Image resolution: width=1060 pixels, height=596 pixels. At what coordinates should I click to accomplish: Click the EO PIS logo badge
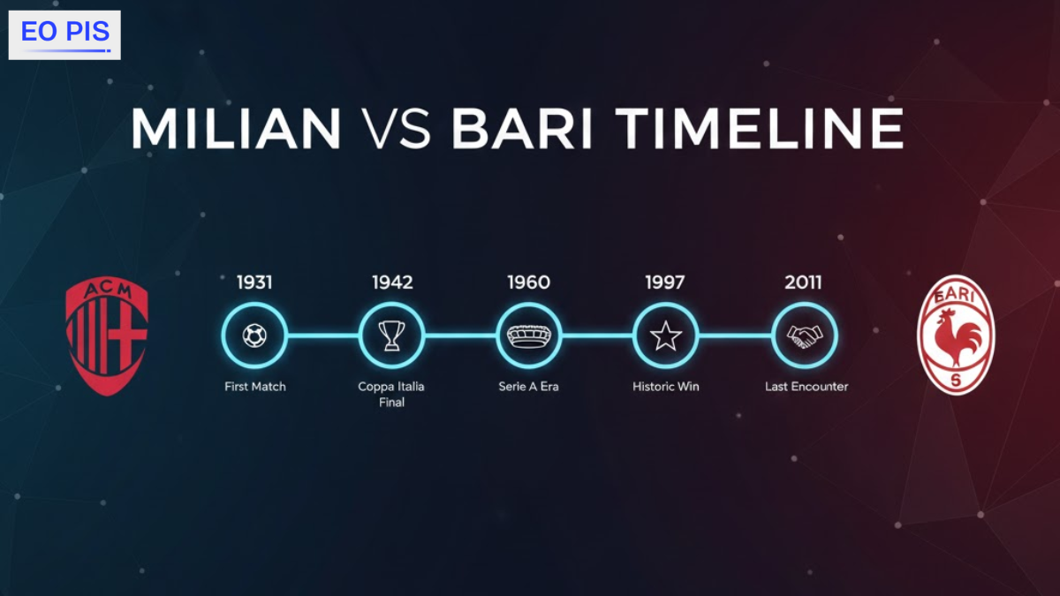pyautogui.click(x=64, y=34)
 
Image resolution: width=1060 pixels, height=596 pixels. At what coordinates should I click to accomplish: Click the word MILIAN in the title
pyautogui.click(x=236, y=129)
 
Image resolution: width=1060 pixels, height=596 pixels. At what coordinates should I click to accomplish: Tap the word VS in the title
pyautogui.click(x=397, y=129)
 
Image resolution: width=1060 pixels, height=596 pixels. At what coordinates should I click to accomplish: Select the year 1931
pyautogui.click(x=254, y=283)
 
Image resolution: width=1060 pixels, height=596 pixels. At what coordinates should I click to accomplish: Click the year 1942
pyautogui.click(x=392, y=283)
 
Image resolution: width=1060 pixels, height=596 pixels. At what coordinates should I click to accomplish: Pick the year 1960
pyautogui.click(x=528, y=283)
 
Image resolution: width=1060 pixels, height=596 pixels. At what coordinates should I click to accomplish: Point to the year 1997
pyautogui.click(x=666, y=283)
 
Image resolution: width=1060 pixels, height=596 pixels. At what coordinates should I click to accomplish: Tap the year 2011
pyautogui.click(x=803, y=283)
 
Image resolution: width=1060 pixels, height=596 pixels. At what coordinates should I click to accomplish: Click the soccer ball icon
pyautogui.click(x=254, y=336)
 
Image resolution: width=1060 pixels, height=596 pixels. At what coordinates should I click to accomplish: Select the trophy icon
pyautogui.click(x=392, y=336)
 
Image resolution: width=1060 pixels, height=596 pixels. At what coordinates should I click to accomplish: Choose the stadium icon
pyautogui.click(x=528, y=336)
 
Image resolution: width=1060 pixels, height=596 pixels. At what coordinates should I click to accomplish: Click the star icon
pyautogui.click(x=666, y=336)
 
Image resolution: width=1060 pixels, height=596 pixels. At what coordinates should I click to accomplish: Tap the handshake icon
pyautogui.click(x=804, y=336)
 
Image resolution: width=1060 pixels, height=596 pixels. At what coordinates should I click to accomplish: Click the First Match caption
pyautogui.click(x=254, y=387)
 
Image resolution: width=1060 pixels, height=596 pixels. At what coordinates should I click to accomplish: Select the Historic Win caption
pyautogui.click(x=666, y=387)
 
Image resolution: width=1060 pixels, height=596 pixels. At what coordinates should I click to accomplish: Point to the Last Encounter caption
pyautogui.click(x=806, y=387)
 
